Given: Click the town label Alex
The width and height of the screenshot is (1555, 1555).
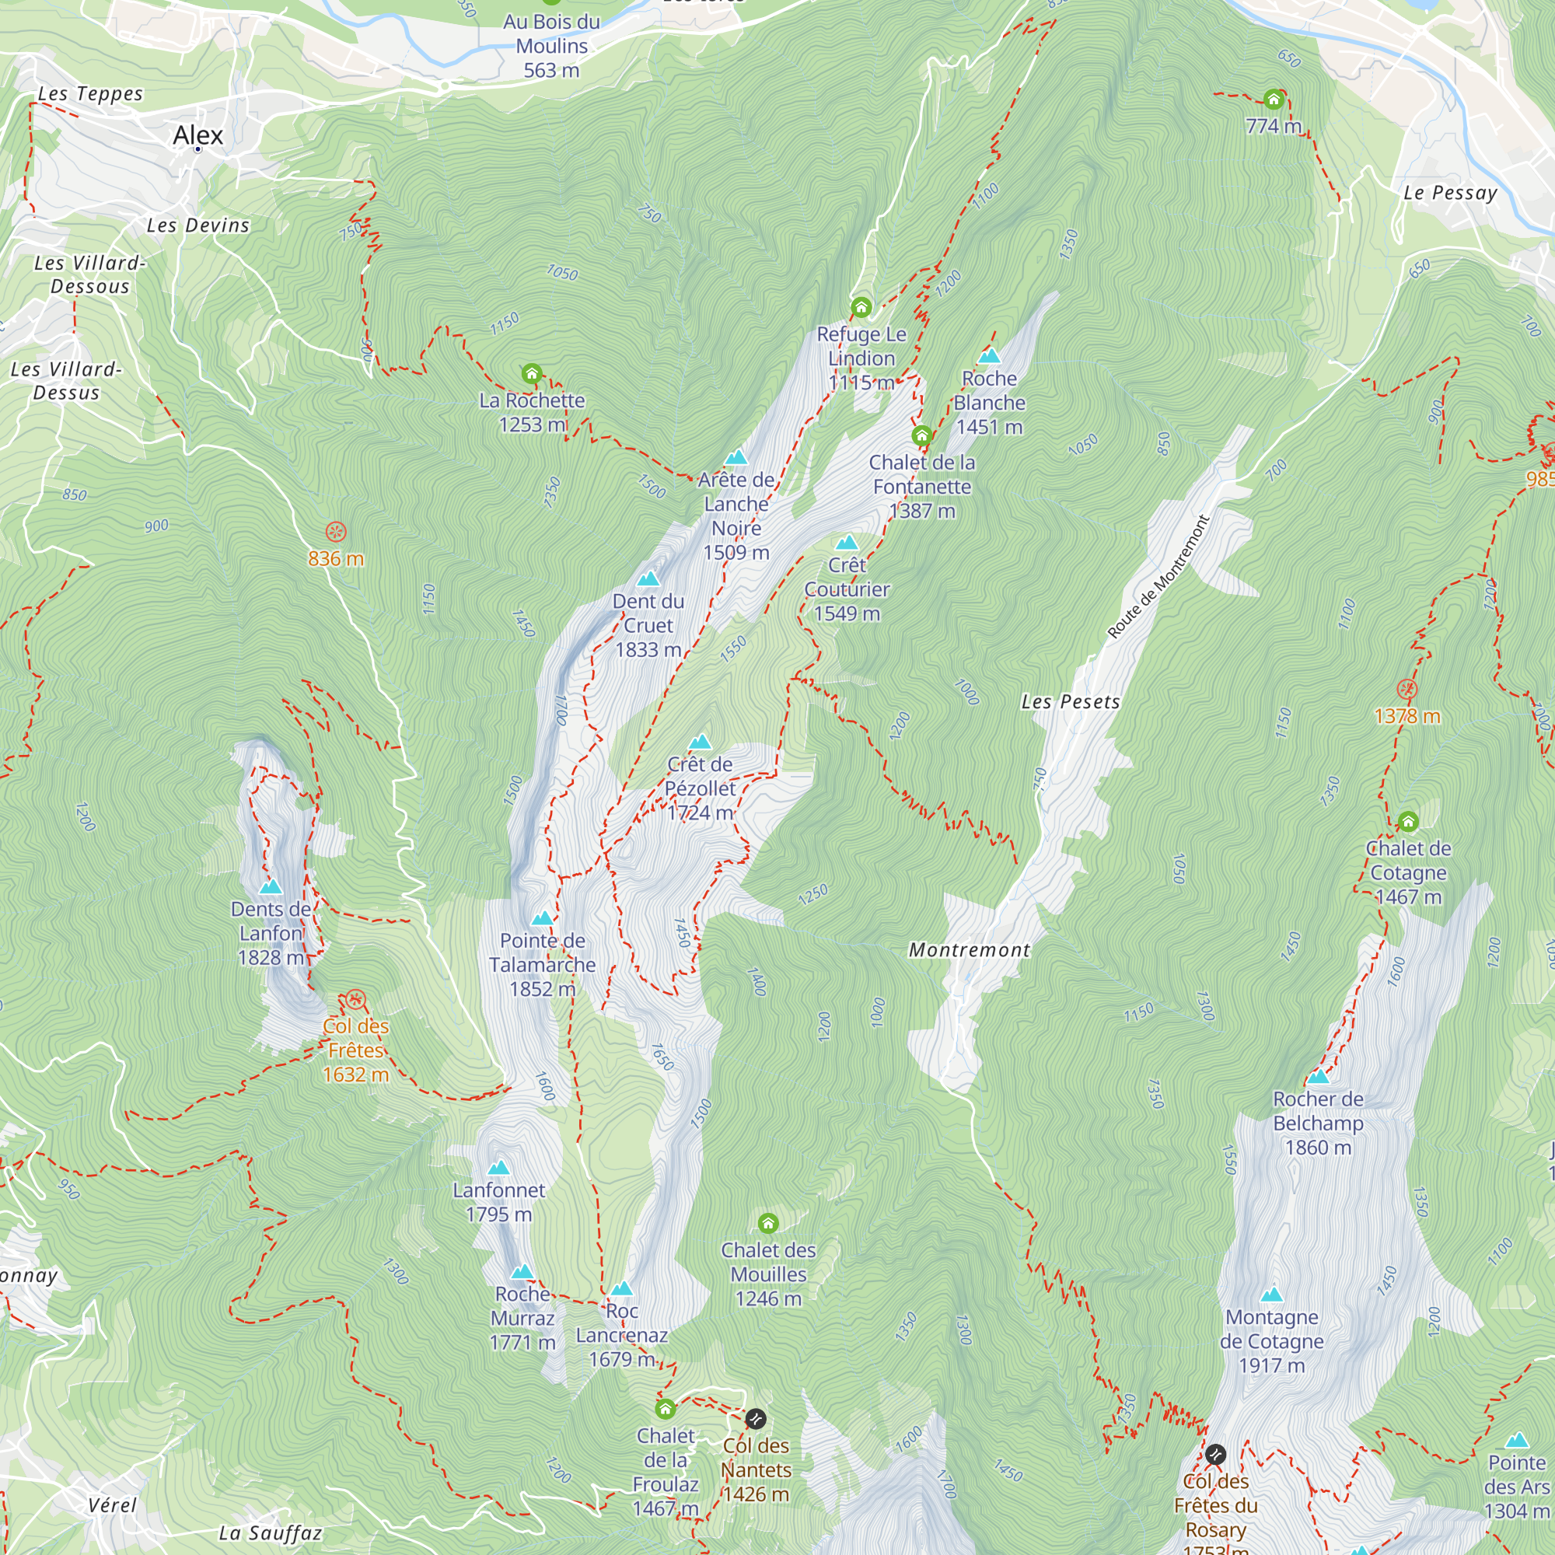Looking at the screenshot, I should click(x=198, y=135).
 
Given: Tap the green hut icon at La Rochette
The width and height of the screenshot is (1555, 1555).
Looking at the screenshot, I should click(x=531, y=373).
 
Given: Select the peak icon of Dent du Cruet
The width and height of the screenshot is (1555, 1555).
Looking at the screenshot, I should click(x=648, y=578).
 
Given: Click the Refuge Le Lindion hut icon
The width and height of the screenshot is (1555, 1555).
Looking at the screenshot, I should click(x=861, y=306).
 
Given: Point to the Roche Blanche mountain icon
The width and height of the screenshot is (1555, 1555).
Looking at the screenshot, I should click(x=989, y=356).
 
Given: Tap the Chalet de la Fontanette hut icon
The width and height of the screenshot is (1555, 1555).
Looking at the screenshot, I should click(x=921, y=436).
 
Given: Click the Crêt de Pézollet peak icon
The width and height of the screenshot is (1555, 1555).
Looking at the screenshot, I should click(x=701, y=741).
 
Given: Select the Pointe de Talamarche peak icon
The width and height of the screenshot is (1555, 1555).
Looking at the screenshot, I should click(x=543, y=918).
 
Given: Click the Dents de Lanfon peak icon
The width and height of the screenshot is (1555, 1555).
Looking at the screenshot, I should click(x=271, y=886).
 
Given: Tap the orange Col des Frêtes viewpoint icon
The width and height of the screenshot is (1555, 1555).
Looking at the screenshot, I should click(x=356, y=1001).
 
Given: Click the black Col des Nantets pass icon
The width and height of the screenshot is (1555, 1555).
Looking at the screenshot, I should click(x=755, y=1417).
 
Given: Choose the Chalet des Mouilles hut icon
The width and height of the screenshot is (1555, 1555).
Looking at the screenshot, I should click(x=768, y=1223).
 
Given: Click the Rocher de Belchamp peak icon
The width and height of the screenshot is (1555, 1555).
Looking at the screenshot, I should click(x=1318, y=1076).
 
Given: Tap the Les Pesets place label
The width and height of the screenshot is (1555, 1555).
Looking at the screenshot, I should click(x=1071, y=702).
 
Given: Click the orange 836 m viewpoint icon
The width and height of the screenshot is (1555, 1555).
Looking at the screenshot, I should click(x=336, y=532).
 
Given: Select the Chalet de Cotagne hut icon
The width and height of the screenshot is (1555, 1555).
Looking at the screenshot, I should click(x=1408, y=822).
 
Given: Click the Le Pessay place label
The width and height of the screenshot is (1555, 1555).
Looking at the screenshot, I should click(x=1450, y=193).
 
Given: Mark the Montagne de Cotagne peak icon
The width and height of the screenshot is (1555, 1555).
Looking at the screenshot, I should click(x=1272, y=1295).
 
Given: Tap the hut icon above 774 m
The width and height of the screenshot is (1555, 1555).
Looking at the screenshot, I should click(x=1274, y=100).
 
